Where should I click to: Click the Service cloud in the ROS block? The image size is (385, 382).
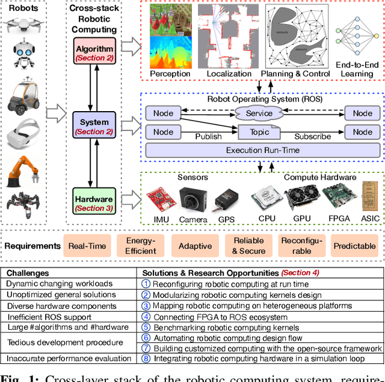click(259, 113)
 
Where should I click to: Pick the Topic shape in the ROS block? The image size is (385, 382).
click(259, 132)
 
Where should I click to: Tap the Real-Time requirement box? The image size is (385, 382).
click(87, 246)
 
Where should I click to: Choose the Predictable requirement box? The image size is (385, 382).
click(355, 246)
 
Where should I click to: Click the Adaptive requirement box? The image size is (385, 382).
click(195, 246)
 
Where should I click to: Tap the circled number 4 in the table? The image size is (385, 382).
click(146, 317)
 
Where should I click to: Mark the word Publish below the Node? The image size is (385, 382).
click(208, 137)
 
